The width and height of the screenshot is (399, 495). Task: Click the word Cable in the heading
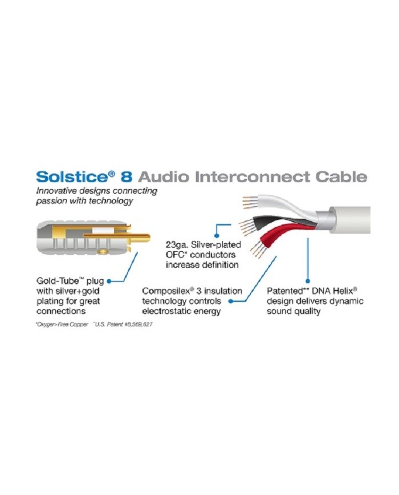pos(342,176)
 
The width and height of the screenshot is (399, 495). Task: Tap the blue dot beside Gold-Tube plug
pos(108,280)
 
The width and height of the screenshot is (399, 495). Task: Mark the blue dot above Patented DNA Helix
pos(308,280)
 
